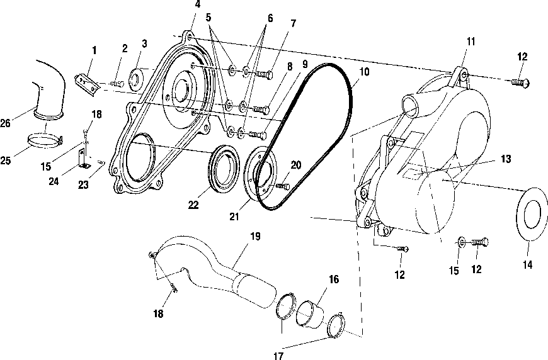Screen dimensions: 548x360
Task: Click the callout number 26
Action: pyautogui.click(x=5, y=123)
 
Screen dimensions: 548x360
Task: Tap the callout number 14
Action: pyautogui.click(x=527, y=265)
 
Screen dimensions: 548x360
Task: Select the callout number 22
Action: pyautogui.click(x=193, y=205)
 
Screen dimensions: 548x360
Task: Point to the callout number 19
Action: pyautogui.click(x=256, y=237)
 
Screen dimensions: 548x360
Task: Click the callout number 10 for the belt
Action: pyautogui.click(x=364, y=72)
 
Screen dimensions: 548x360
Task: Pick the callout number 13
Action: pyautogui.click(x=506, y=159)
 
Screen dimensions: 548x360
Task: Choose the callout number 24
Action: pyautogui.click(x=54, y=181)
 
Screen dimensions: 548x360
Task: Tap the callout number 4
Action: pyautogui.click(x=198, y=4)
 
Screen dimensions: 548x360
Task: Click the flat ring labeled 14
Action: pyautogui.click(x=532, y=214)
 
